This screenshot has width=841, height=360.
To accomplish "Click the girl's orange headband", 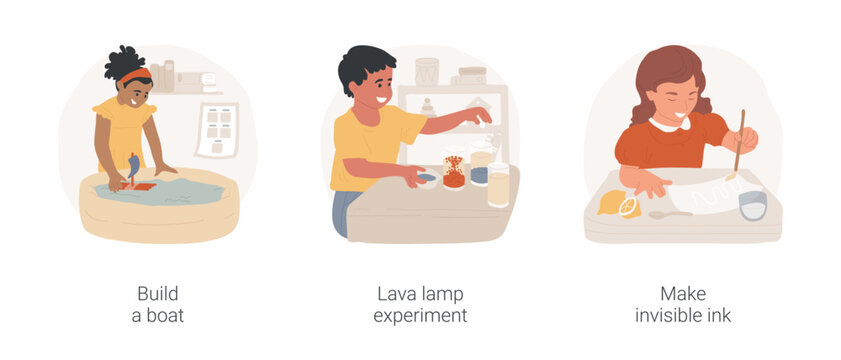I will pyautogui.click(x=135, y=74).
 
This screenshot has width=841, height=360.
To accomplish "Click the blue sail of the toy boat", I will pyautogui.click(x=132, y=166).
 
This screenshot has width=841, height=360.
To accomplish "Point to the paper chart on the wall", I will pyautogui.click(x=217, y=129).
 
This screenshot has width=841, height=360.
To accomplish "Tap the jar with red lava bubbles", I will pyautogui.click(x=454, y=172).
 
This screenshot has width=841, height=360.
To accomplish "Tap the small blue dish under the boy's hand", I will pyautogui.click(x=425, y=178).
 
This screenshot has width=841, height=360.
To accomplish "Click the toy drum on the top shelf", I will pyautogui.click(x=427, y=71).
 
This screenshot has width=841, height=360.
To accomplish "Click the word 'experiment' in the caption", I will pyautogui.click(x=419, y=315).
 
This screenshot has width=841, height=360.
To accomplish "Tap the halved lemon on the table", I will pyautogui.click(x=628, y=207).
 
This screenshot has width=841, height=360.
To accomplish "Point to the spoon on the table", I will pyautogui.click(x=669, y=214).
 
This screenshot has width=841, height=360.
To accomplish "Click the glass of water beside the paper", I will pyautogui.click(x=752, y=205).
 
